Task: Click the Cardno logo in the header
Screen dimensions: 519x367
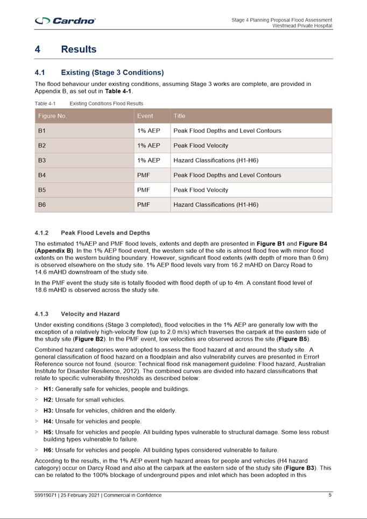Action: point(65,21)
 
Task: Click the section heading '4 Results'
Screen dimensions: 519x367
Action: point(66,49)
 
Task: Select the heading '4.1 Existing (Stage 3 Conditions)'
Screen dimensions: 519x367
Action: point(99,73)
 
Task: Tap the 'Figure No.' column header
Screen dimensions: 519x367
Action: point(52,116)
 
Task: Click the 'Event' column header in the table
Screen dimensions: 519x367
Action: point(145,116)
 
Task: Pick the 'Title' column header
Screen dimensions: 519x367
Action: point(179,116)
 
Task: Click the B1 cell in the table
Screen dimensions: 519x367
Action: point(42,131)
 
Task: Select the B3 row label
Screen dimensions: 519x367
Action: point(42,160)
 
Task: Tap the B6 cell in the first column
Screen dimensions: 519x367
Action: point(42,205)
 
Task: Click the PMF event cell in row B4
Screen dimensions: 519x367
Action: point(144,175)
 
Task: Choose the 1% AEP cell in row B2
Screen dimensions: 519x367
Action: point(149,146)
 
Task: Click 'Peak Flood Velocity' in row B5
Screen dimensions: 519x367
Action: point(201,190)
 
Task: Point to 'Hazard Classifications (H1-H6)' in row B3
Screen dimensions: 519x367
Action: point(216,160)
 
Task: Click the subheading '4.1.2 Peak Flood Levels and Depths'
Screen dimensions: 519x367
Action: point(92,233)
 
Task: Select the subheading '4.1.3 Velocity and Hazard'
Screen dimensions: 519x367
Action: point(77,314)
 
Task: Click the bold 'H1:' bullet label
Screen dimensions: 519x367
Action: point(48,389)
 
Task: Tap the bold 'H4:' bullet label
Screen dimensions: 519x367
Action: point(48,422)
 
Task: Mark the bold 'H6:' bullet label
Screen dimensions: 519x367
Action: point(48,450)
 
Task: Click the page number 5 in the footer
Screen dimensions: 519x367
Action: point(330,495)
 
